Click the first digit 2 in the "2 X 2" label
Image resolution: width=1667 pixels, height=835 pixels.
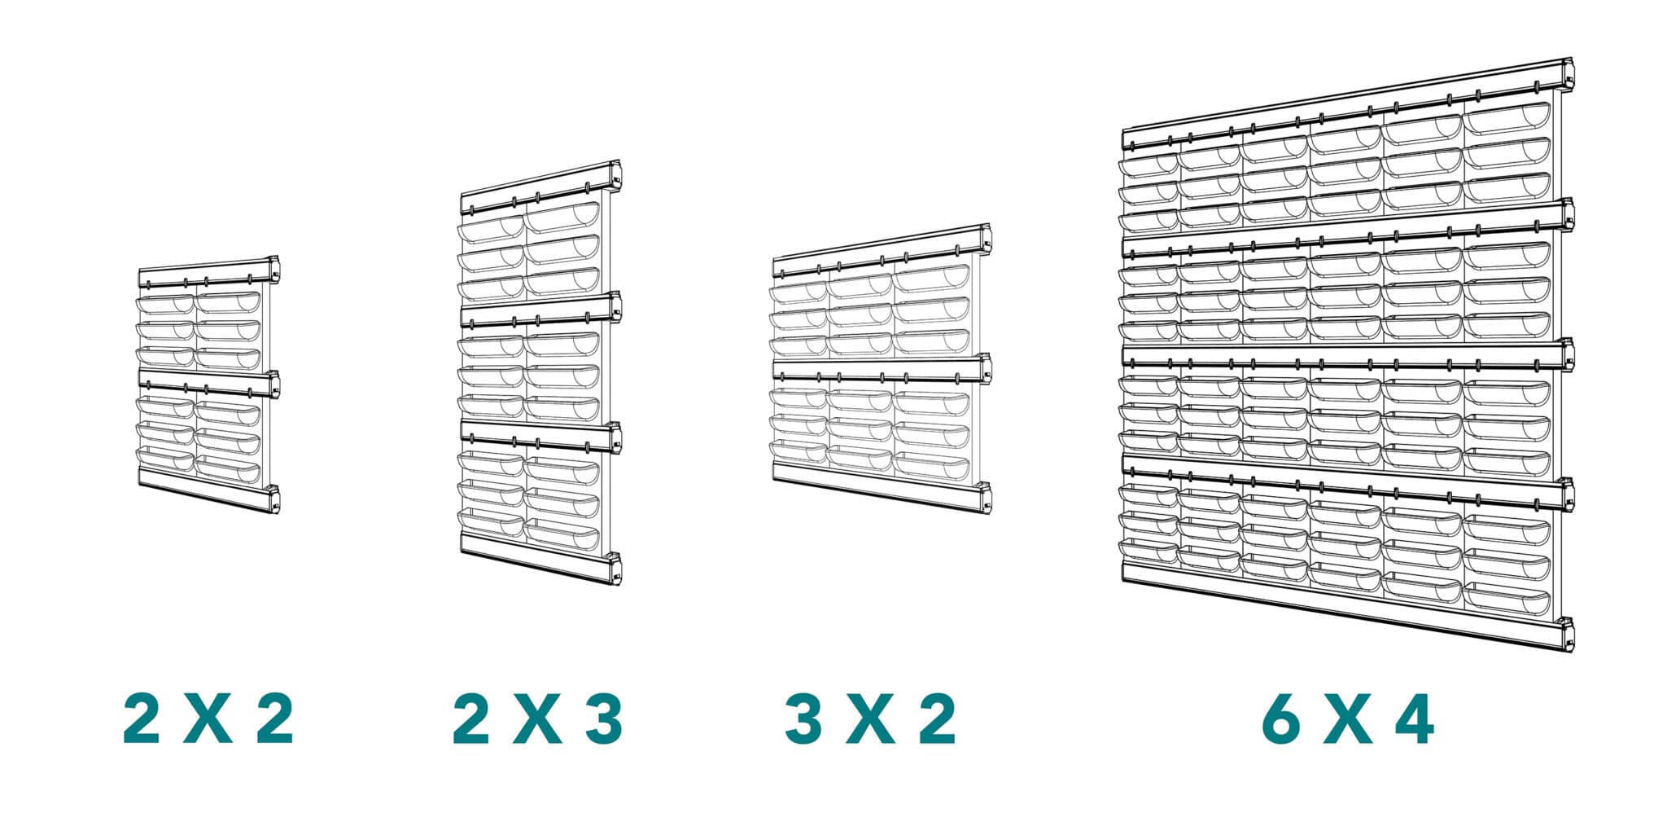142,719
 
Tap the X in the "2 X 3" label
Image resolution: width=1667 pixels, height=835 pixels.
537,719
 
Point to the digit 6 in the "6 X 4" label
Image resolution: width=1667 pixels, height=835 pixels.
1281,719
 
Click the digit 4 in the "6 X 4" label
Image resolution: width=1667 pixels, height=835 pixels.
1413,719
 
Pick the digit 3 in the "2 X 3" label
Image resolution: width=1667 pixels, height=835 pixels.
604,719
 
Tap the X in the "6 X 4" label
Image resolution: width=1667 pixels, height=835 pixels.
1348,719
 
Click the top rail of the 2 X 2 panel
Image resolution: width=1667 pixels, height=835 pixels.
209,272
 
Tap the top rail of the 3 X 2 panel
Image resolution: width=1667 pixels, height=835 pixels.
882,250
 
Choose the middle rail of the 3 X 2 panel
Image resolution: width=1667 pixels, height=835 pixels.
882,371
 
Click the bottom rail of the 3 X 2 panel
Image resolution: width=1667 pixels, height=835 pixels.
882,488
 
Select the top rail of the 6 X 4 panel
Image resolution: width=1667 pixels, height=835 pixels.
1347,106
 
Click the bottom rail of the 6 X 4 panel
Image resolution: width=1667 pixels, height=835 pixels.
1347,615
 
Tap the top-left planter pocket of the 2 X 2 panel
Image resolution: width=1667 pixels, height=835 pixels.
165,303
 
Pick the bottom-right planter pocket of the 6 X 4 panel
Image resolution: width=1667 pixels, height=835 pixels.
1507,601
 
